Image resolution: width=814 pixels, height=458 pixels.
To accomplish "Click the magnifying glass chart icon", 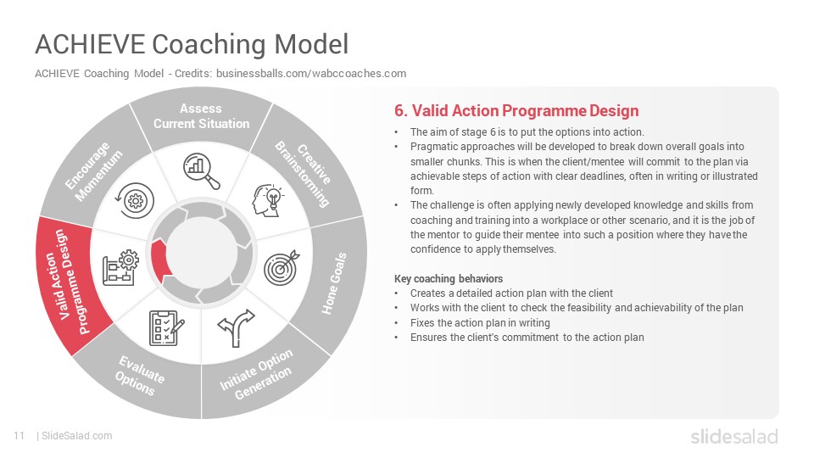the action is [202, 170].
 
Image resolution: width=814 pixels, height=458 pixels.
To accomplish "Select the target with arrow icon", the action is [282, 267].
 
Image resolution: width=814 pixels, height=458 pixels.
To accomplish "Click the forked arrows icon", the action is [237, 327].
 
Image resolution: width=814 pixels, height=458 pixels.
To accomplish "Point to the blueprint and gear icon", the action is [120, 267].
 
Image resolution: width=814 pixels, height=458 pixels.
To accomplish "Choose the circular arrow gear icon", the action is [135, 200].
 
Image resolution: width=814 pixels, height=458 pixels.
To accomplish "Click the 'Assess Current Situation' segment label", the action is [202, 116].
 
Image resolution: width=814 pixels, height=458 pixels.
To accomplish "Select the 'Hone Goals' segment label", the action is [334, 283].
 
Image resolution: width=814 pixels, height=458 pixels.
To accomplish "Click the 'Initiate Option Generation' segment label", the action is [256, 374].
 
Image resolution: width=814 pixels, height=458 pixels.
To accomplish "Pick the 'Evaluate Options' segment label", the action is [139, 376].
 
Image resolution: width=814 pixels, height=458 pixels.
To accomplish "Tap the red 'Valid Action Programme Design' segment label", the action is [67, 281].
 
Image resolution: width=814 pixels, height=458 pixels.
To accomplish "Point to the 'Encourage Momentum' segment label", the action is [94, 170].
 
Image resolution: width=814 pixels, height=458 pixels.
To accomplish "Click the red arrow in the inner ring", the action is [160, 258].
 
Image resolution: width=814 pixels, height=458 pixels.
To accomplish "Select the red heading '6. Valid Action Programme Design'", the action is [516, 110].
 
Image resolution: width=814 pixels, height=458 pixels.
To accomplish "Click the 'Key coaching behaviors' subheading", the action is [449, 279].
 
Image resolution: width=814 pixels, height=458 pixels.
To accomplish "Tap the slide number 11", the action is [20, 436].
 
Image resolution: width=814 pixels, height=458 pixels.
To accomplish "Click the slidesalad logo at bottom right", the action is [734, 436].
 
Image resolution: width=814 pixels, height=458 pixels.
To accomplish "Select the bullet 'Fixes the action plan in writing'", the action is [480, 323].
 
